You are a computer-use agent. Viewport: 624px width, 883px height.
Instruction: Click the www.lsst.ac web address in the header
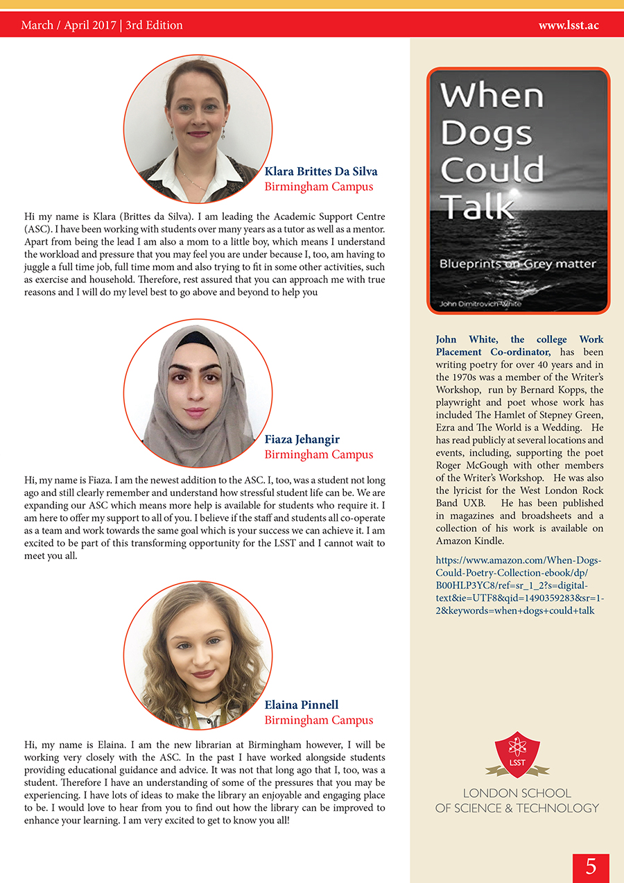(x=569, y=26)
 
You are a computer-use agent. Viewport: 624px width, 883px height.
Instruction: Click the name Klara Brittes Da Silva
(x=321, y=171)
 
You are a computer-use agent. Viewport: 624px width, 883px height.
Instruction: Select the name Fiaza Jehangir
(x=302, y=439)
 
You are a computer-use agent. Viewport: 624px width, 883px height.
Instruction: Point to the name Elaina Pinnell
(x=302, y=705)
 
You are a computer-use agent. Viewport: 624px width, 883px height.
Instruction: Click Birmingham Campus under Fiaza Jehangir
(x=319, y=454)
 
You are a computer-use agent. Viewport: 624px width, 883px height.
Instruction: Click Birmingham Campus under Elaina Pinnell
(x=319, y=720)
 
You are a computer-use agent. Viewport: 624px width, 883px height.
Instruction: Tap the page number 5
(x=591, y=867)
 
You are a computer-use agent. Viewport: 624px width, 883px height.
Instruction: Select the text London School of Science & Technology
(x=517, y=800)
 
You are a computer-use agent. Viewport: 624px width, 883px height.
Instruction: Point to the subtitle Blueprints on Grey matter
(x=517, y=264)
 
